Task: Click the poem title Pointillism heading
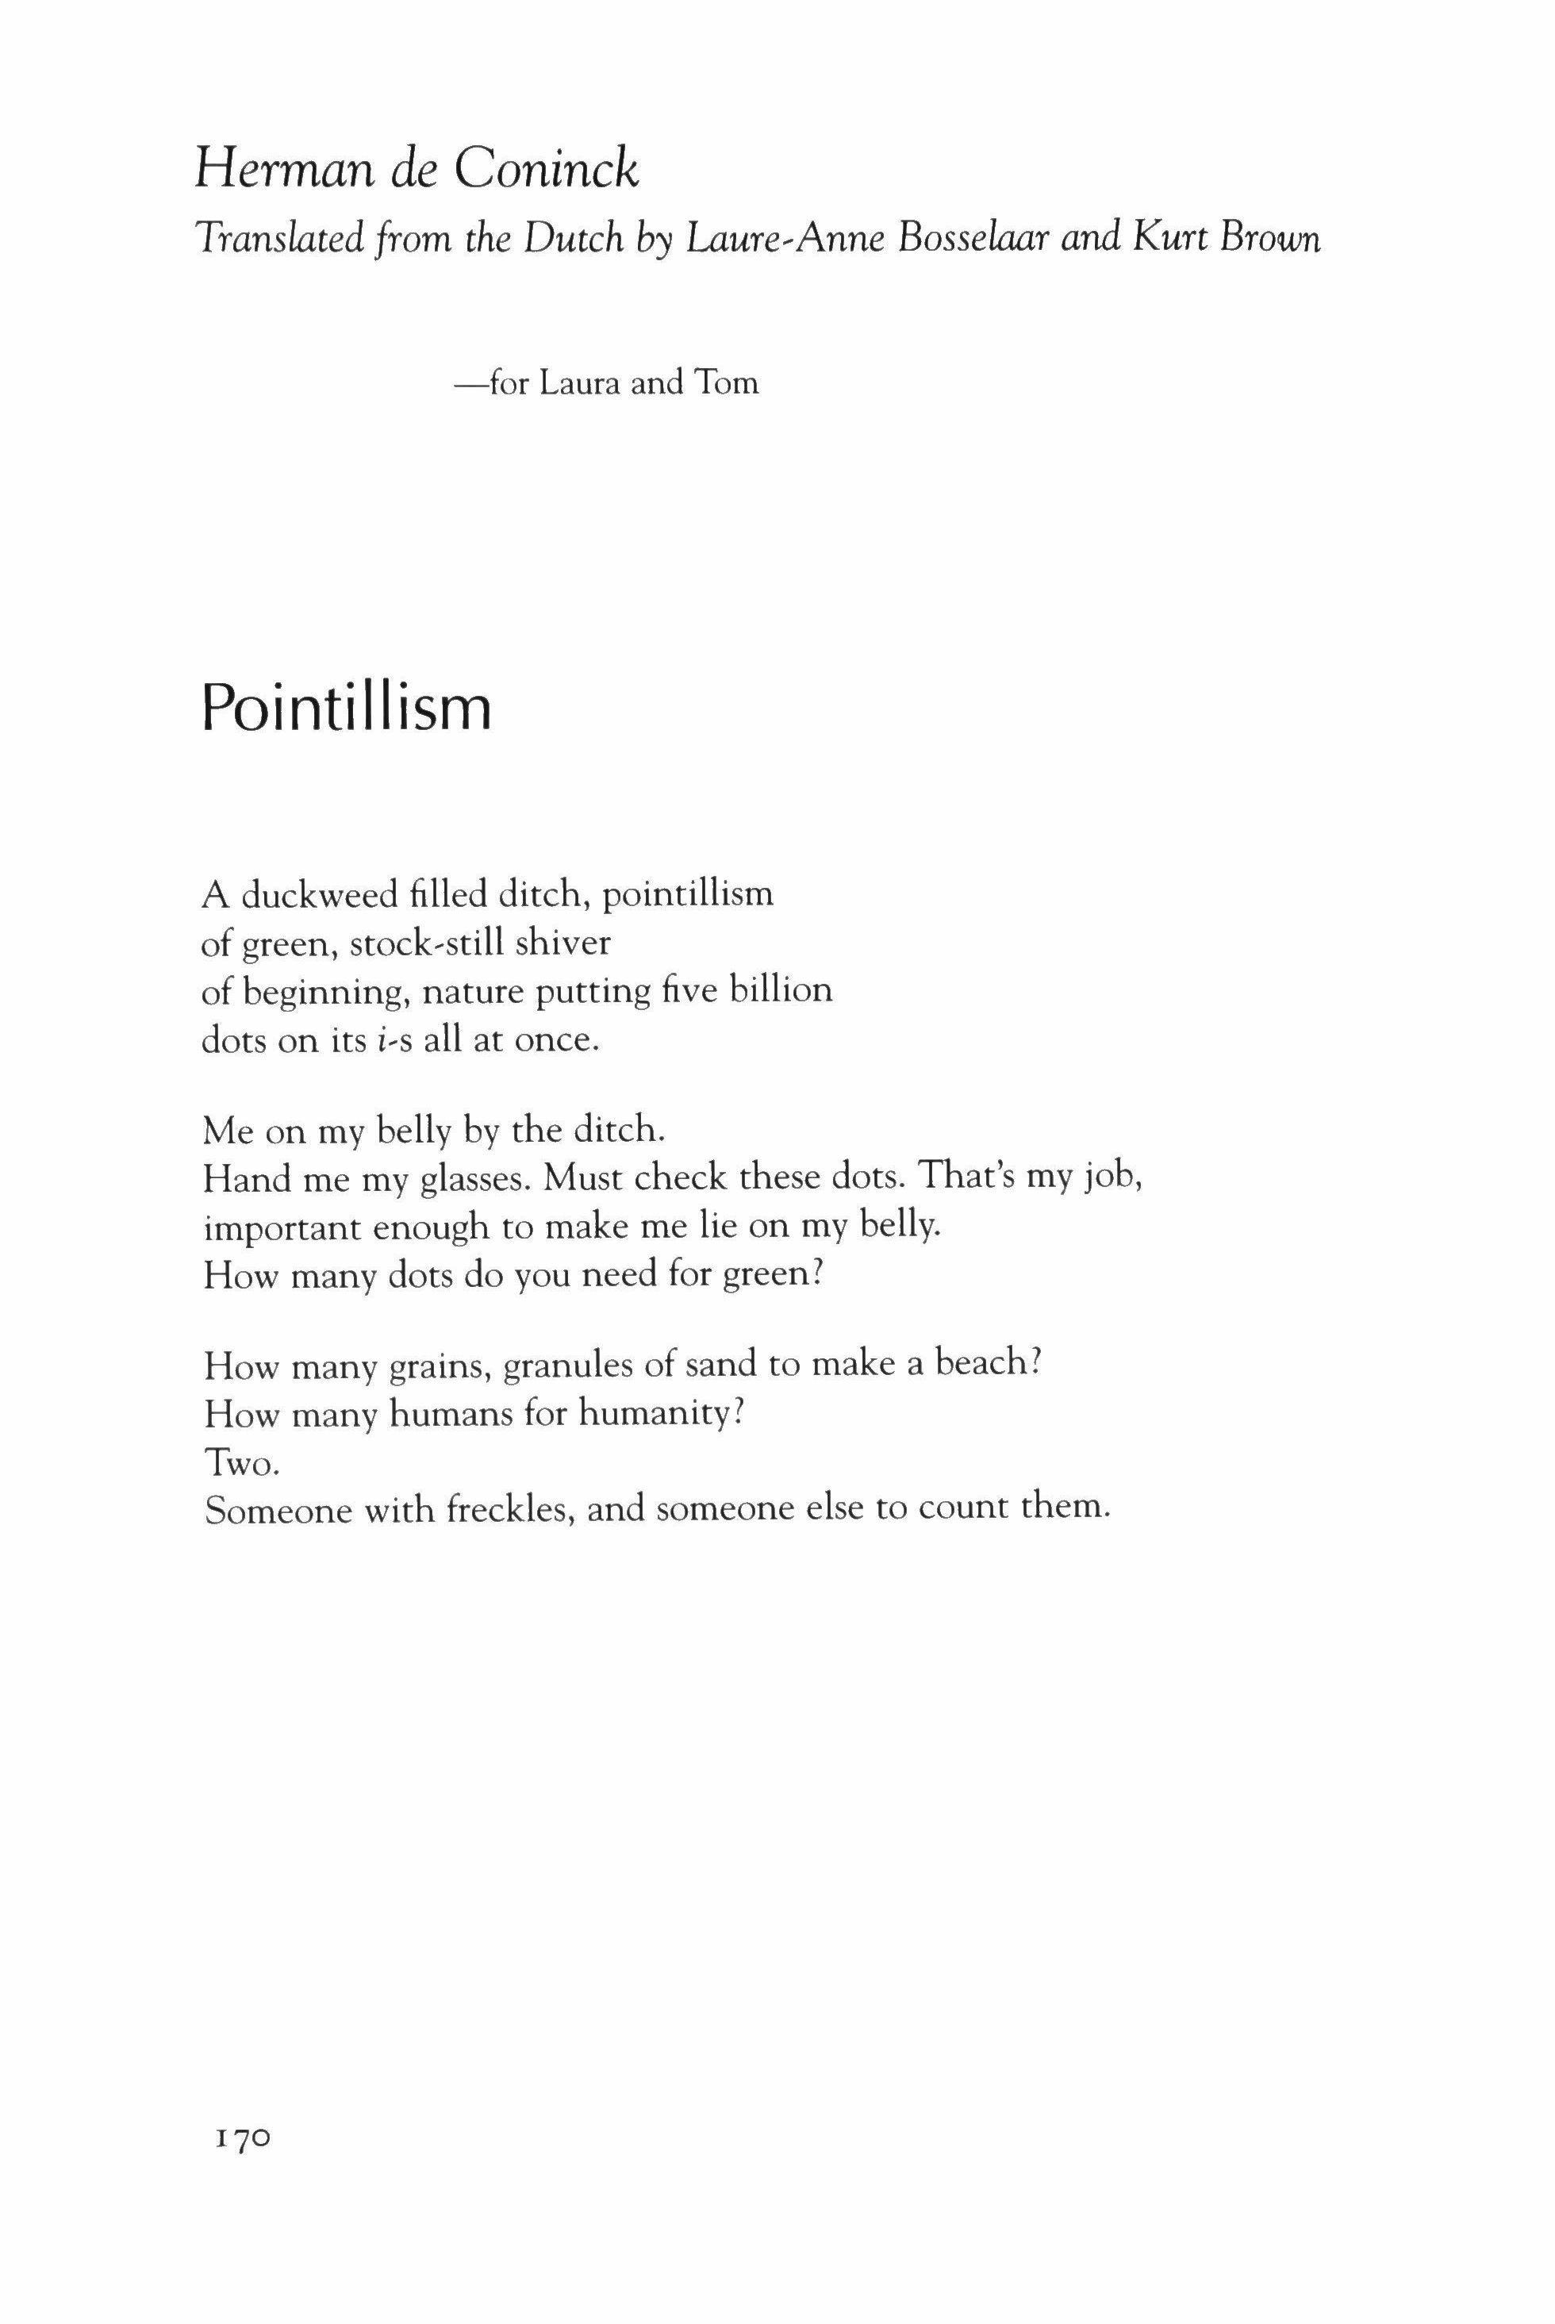pyautogui.click(x=346, y=710)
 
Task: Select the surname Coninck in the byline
pyautogui.click(x=547, y=171)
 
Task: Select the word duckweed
pyautogui.click(x=316, y=895)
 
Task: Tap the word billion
pyautogui.click(x=781, y=991)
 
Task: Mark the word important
pyautogui.click(x=282, y=1228)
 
